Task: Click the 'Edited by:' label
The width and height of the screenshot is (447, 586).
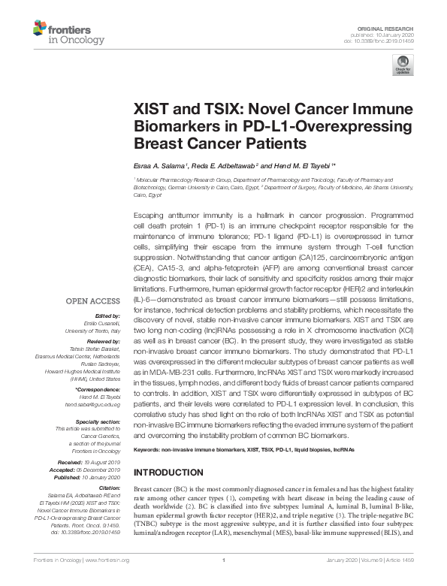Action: pos(107,316)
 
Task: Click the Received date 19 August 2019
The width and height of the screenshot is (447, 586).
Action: pos(103,462)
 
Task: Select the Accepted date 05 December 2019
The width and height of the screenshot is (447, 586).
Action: pos(104,469)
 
